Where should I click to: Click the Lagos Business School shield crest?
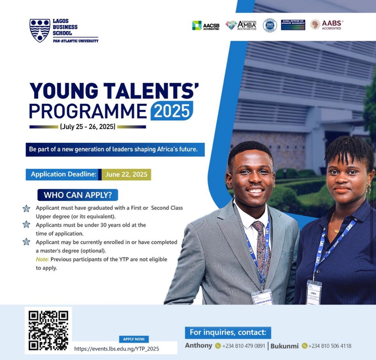(40, 30)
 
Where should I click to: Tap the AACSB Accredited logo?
(206, 25)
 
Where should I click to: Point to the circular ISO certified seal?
(269, 25)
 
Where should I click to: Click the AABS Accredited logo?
(327, 25)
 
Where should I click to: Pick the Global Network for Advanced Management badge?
(293, 25)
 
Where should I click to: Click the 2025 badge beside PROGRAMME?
(172, 111)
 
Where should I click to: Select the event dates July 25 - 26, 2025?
(87, 127)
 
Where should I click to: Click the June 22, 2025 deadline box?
(126, 174)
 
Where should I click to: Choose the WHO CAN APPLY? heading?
(78, 195)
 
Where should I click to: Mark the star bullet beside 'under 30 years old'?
(26, 225)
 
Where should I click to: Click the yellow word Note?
(42, 259)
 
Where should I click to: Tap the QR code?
(48, 330)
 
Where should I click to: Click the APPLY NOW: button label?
(134, 339)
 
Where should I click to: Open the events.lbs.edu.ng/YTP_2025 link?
(116, 349)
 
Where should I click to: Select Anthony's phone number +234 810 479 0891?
(243, 346)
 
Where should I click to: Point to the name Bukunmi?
(284, 346)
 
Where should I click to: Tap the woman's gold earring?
(368, 189)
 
